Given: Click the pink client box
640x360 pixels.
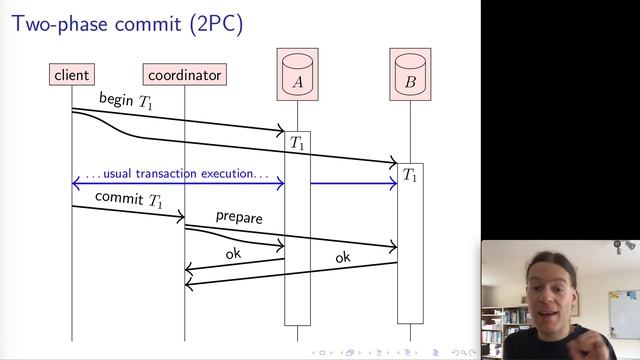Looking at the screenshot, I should click(72, 74).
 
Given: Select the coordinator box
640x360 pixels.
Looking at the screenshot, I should click(184, 74).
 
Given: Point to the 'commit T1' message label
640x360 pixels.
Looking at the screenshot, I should click(128, 199).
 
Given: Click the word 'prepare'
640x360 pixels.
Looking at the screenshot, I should click(239, 216).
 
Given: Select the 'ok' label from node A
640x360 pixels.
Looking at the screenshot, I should click(233, 254).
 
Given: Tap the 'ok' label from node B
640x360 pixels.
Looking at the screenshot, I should click(343, 258).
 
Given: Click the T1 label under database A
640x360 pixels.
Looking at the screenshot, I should click(297, 143).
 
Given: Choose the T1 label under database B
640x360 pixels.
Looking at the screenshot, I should click(410, 175).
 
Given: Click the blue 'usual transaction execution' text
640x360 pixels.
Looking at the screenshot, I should click(177, 174).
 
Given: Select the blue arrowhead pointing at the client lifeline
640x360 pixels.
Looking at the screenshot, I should click(76, 183).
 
